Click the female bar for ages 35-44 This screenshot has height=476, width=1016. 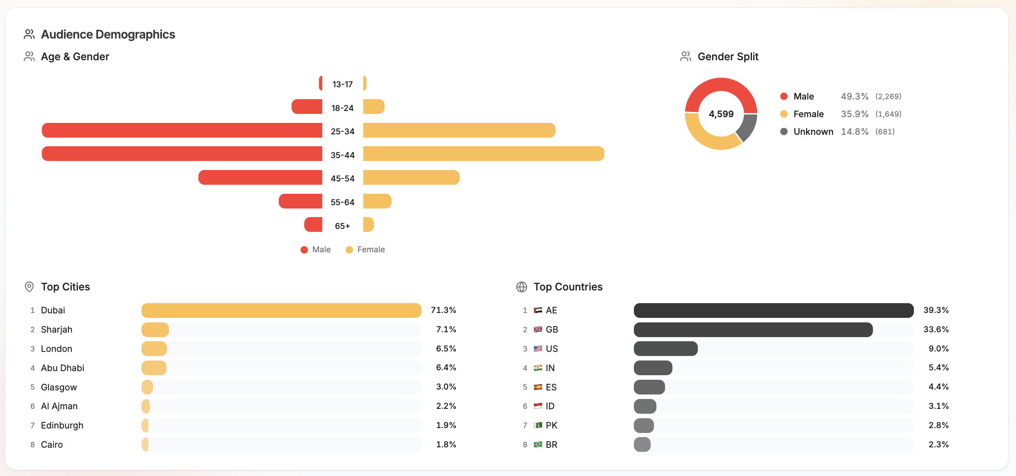click(483, 154)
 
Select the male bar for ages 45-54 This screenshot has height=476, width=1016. click(260, 177)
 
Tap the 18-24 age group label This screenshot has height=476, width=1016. click(342, 108)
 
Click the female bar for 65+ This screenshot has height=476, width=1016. click(368, 224)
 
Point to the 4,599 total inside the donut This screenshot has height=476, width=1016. click(721, 114)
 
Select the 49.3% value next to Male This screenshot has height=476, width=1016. click(854, 96)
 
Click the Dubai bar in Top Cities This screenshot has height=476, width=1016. click(281, 311)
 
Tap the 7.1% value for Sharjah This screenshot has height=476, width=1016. click(446, 329)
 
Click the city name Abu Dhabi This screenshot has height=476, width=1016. click(62, 368)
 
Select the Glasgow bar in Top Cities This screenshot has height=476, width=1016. click(147, 387)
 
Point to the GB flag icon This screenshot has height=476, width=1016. click(538, 329)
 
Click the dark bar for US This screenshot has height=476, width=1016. click(665, 349)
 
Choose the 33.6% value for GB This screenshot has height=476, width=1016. click(936, 329)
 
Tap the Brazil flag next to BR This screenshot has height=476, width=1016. click(538, 444)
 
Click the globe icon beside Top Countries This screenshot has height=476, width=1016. click(521, 287)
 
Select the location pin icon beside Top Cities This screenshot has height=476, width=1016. click(29, 287)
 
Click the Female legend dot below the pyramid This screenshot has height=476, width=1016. click(349, 250)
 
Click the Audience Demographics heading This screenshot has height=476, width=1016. click(108, 34)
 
